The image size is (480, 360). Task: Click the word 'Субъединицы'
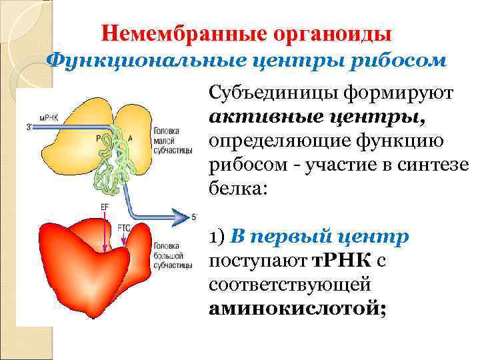point(271,93)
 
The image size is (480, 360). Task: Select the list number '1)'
point(217,237)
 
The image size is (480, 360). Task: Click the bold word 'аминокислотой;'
point(297,309)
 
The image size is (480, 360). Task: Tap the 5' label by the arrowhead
point(194,216)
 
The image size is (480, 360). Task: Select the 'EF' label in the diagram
point(105,208)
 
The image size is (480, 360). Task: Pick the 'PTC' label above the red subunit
point(123,227)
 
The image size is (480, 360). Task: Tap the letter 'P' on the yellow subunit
point(99,139)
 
